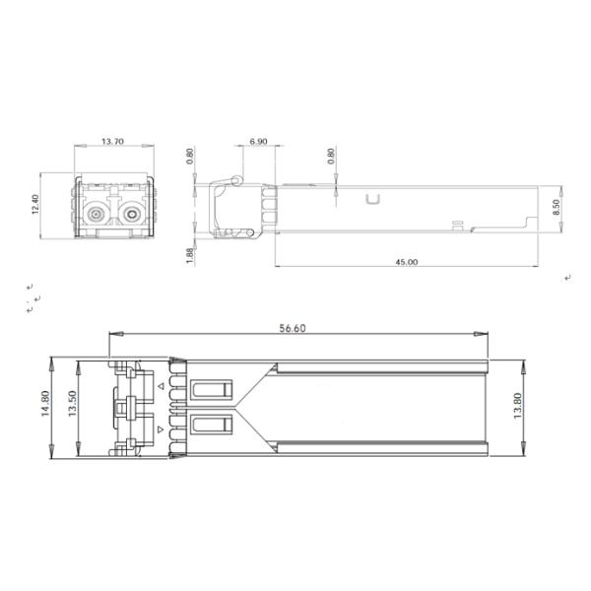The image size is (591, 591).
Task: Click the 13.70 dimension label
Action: (112, 142)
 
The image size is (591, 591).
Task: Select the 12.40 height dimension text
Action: (35, 205)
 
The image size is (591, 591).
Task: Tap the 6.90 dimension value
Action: (258, 142)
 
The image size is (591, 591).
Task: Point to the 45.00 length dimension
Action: (406, 262)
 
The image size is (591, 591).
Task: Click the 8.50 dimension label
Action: (557, 207)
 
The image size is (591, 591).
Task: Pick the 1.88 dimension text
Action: (189, 255)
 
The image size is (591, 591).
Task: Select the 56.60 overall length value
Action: (293, 328)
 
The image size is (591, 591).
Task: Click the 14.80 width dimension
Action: (45, 403)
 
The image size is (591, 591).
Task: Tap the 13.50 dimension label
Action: (72, 403)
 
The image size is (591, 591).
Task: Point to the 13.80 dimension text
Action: (517, 406)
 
